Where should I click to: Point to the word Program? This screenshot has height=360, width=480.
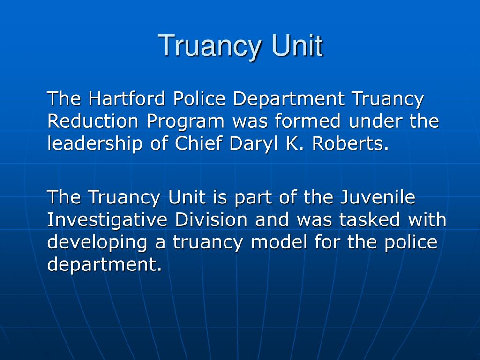pos(185,121)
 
